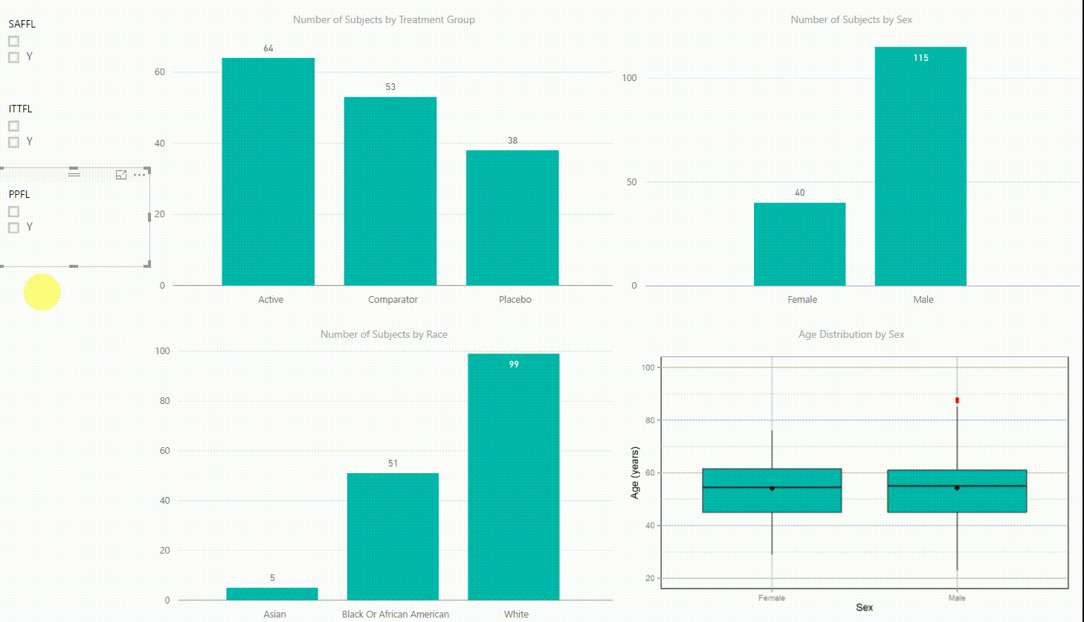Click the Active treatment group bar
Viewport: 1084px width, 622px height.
(x=268, y=171)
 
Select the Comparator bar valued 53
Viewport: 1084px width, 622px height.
(x=390, y=191)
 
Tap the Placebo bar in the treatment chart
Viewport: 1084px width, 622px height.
(x=512, y=217)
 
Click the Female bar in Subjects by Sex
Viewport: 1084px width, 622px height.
(x=799, y=244)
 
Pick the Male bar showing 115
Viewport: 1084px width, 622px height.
(x=920, y=166)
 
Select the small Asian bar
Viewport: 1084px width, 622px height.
(x=272, y=594)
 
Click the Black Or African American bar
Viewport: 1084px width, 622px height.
(x=393, y=536)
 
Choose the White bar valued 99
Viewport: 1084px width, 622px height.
(x=514, y=476)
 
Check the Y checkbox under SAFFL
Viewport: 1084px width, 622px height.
(x=13, y=57)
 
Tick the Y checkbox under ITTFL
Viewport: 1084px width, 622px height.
(x=13, y=142)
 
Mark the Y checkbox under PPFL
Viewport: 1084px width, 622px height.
(x=13, y=228)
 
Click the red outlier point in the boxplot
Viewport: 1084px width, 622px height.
(x=957, y=400)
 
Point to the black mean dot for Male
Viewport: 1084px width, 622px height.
(x=957, y=488)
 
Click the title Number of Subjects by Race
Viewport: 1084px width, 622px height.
(x=384, y=334)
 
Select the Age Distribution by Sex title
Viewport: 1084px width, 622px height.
(x=851, y=334)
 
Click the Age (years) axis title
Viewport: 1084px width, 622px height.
(x=634, y=472)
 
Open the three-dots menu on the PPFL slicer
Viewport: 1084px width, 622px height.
(x=139, y=175)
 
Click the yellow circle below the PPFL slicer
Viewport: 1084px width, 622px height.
(x=42, y=292)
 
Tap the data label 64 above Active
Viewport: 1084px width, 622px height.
(x=268, y=48)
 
